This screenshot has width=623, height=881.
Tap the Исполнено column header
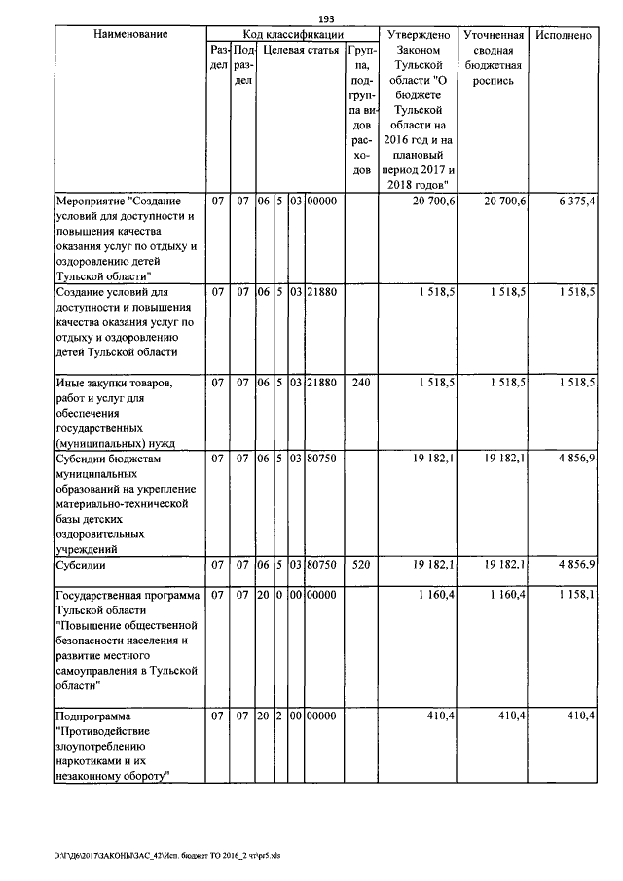pyautogui.click(x=564, y=35)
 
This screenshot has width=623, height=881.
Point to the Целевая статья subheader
pyautogui.click(x=301, y=50)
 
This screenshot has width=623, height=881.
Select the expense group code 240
pyautogui.click(x=360, y=384)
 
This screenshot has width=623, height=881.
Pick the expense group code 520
pyautogui.click(x=360, y=564)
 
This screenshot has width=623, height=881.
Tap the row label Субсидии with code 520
pyautogui.click(x=81, y=564)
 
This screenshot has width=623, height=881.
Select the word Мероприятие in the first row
pyautogui.click(x=90, y=201)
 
